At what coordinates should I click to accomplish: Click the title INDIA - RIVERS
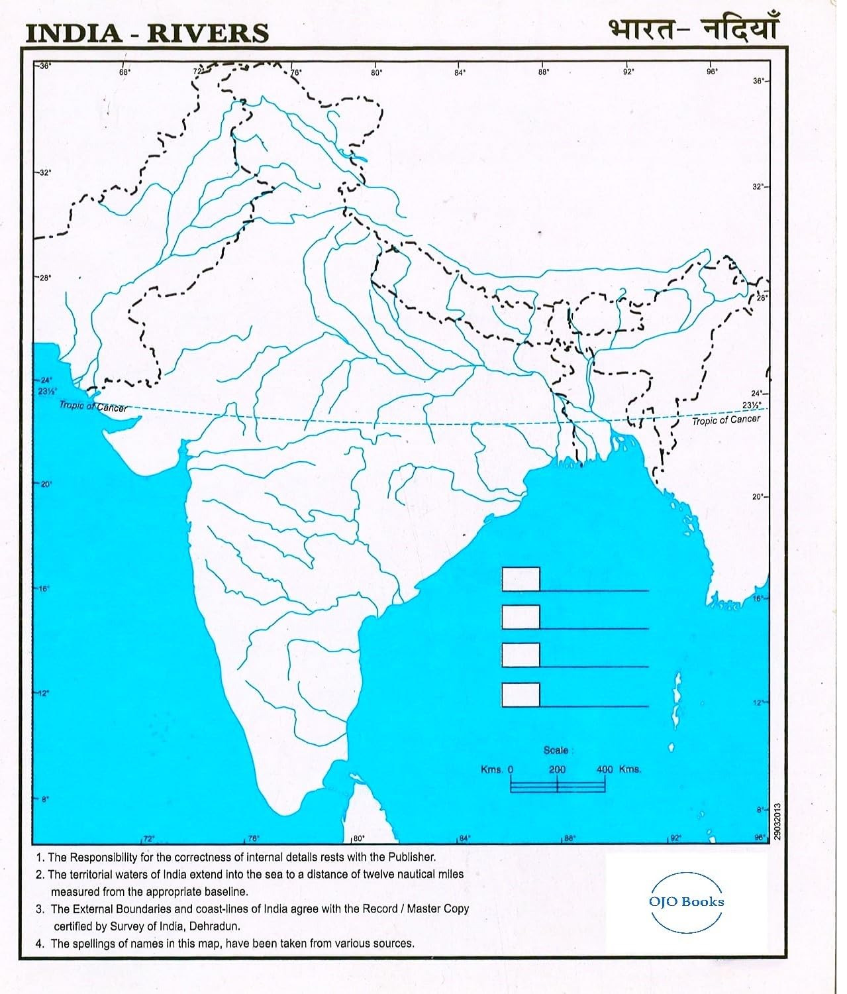[x=147, y=32]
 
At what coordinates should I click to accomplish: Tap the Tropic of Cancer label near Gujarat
[x=93, y=406]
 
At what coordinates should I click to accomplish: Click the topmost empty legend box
[x=521, y=579]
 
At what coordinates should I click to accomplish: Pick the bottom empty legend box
[x=521, y=694]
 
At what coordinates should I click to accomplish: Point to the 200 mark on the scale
[x=557, y=769]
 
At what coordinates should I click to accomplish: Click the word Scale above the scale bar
[x=556, y=750]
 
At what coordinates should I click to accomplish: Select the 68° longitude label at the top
[x=125, y=72]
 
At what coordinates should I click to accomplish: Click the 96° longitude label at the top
[x=712, y=72]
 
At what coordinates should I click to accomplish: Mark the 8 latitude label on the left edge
[x=45, y=799]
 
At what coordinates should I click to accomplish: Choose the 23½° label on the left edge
[x=46, y=391]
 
